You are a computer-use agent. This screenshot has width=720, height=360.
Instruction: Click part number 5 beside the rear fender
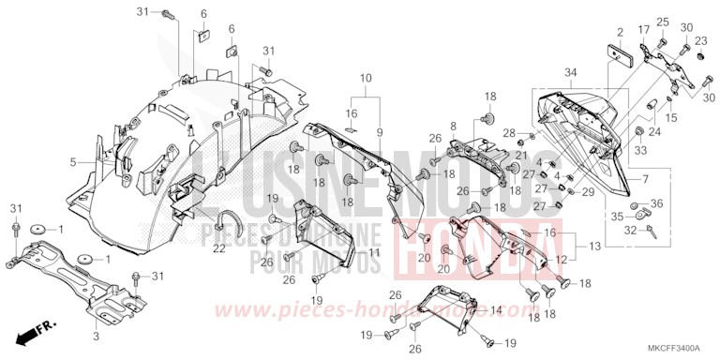click(x=72, y=161)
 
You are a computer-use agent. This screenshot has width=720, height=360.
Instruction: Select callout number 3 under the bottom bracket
click(x=95, y=333)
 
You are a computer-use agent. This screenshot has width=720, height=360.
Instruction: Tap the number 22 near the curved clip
click(x=218, y=248)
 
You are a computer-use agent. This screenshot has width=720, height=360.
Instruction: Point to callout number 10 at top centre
click(x=365, y=78)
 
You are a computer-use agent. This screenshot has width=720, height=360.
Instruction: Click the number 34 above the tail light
click(x=571, y=73)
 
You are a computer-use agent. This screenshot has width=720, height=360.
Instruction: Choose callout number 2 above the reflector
click(x=620, y=32)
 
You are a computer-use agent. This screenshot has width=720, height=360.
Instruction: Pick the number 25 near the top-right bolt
click(x=661, y=22)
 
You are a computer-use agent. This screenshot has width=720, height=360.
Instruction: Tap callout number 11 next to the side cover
click(x=374, y=252)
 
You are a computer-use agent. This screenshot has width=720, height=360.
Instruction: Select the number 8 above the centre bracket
click(x=453, y=125)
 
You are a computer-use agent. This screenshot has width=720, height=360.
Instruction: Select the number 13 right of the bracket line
click(x=596, y=246)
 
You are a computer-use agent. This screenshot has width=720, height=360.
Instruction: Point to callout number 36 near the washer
click(x=655, y=203)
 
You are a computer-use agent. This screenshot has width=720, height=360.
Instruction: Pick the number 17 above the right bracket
click(x=644, y=30)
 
